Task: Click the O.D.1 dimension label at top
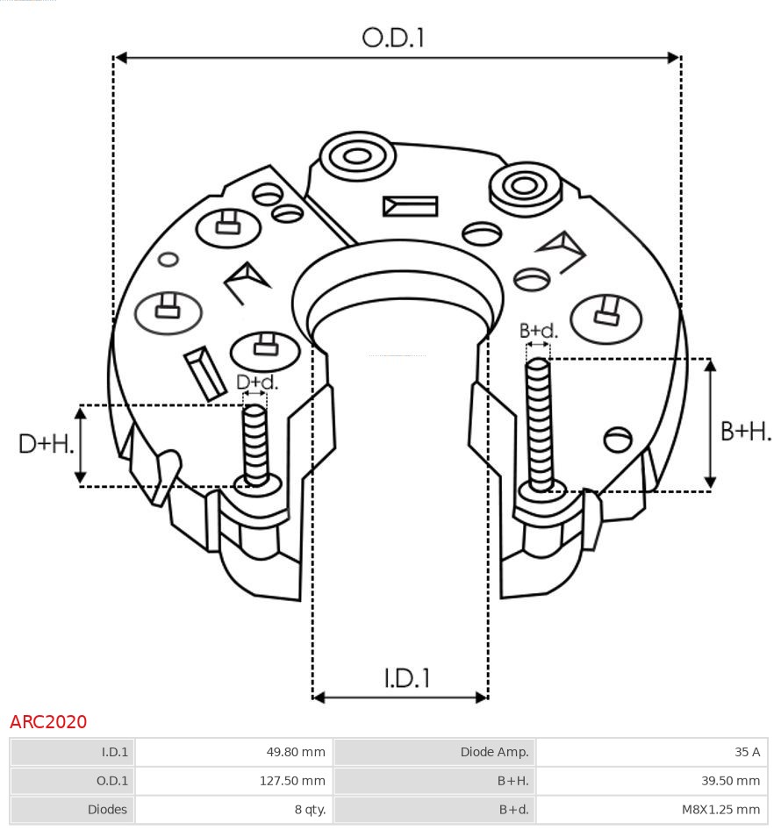click(393, 38)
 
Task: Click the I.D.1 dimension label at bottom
click(406, 678)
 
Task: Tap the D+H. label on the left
click(46, 444)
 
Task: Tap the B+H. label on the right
click(746, 431)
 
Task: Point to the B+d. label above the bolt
click(538, 331)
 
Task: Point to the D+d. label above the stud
click(257, 383)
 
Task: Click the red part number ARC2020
click(48, 722)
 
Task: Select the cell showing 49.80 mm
click(233, 752)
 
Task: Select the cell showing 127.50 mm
click(233, 780)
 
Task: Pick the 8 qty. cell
click(233, 809)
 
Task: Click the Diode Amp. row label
click(434, 752)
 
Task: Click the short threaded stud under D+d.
click(255, 443)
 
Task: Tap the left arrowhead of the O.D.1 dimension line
click(121, 58)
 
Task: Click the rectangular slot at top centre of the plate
click(410, 206)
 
